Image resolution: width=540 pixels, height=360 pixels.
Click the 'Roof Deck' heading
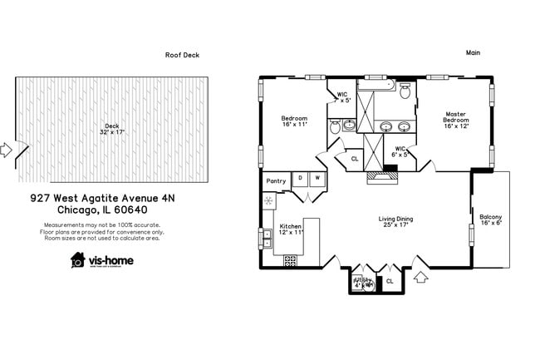pyautogui.click(x=182, y=55)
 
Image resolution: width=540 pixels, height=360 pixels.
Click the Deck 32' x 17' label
pyautogui.click(x=111, y=129)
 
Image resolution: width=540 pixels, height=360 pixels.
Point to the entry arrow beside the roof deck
pyautogui.click(x=6, y=150)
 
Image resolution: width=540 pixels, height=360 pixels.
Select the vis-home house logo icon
pyautogui.click(x=78, y=259)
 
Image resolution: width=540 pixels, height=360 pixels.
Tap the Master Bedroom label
pyautogui.click(x=455, y=120)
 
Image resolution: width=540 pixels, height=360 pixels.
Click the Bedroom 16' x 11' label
pyautogui.click(x=294, y=121)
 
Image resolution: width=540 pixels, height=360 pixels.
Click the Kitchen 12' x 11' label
pyautogui.click(x=291, y=229)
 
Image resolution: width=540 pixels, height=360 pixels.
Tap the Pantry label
pyautogui.click(x=275, y=180)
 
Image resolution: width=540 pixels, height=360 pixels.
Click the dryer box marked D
pyautogui.click(x=299, y=178)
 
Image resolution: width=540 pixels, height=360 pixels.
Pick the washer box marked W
pyautogui.click(x=317, y=178)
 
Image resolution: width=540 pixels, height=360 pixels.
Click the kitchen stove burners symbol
pyautogui.click(x=290, y=261)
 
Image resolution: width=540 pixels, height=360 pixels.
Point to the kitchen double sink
pyautogui.click(x=268, y=238)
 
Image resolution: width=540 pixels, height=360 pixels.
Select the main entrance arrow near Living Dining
pyautogui.click(x=420, y=276)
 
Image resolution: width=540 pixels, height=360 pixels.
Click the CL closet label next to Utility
pyautogui.click(x=390, y=281)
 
